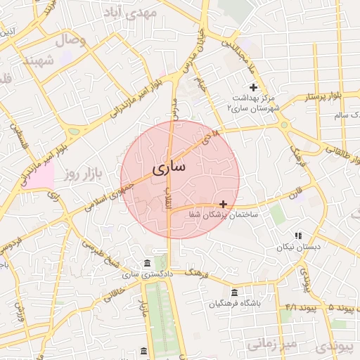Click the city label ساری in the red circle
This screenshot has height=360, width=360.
(169, 169)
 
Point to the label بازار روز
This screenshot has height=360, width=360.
(82, 174)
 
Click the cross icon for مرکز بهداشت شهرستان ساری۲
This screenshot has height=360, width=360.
(253, 86)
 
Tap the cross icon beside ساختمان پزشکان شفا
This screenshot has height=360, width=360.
(224, 204)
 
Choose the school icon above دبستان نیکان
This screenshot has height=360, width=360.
(298, 236)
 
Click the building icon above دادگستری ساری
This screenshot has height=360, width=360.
(147, 263)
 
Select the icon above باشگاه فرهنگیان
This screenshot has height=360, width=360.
(234, 292)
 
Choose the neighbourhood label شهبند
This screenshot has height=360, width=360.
(39, 61)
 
